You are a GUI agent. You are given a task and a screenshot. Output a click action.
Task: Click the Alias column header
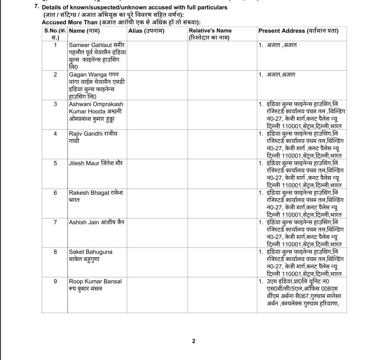pyautogui.click(x=146, y=31)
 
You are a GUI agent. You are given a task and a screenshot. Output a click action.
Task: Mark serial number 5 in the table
pyautogui.click(x=55, y=163)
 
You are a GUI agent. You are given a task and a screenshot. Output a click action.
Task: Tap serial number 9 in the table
pyautogui.click(x=55, y=281)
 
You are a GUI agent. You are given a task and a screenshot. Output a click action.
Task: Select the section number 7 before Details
pyautogui.click(x=37, y=7)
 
